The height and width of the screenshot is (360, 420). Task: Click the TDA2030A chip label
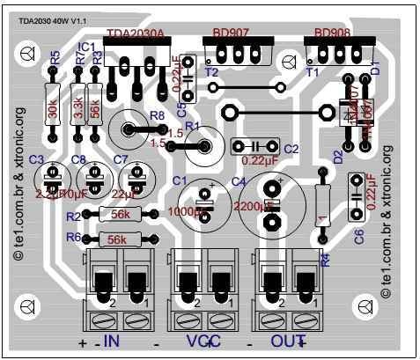(x=136, y=35)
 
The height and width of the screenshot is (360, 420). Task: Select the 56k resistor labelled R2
(x=120, y=215)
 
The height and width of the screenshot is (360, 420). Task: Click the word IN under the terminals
(x=112, y=341)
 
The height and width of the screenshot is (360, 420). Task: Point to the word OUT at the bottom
(x=287, y=341)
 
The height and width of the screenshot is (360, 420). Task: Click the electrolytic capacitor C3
(x=51, y=180)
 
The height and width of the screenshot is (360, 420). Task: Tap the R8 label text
(x=157, y=115)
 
